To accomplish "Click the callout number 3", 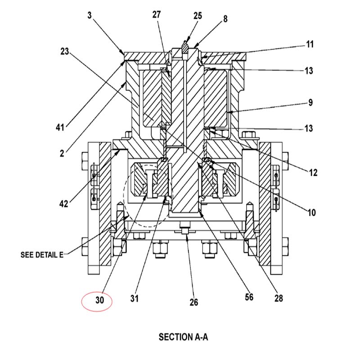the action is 90,15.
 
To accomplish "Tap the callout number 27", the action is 156,14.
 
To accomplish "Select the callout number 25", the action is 198,16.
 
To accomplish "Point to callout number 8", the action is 225,19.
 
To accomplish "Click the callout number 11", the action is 310,44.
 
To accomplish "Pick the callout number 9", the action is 310,103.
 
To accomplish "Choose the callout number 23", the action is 65,51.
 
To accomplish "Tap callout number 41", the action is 60,127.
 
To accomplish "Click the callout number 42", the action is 64,204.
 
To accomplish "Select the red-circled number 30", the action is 99,300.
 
